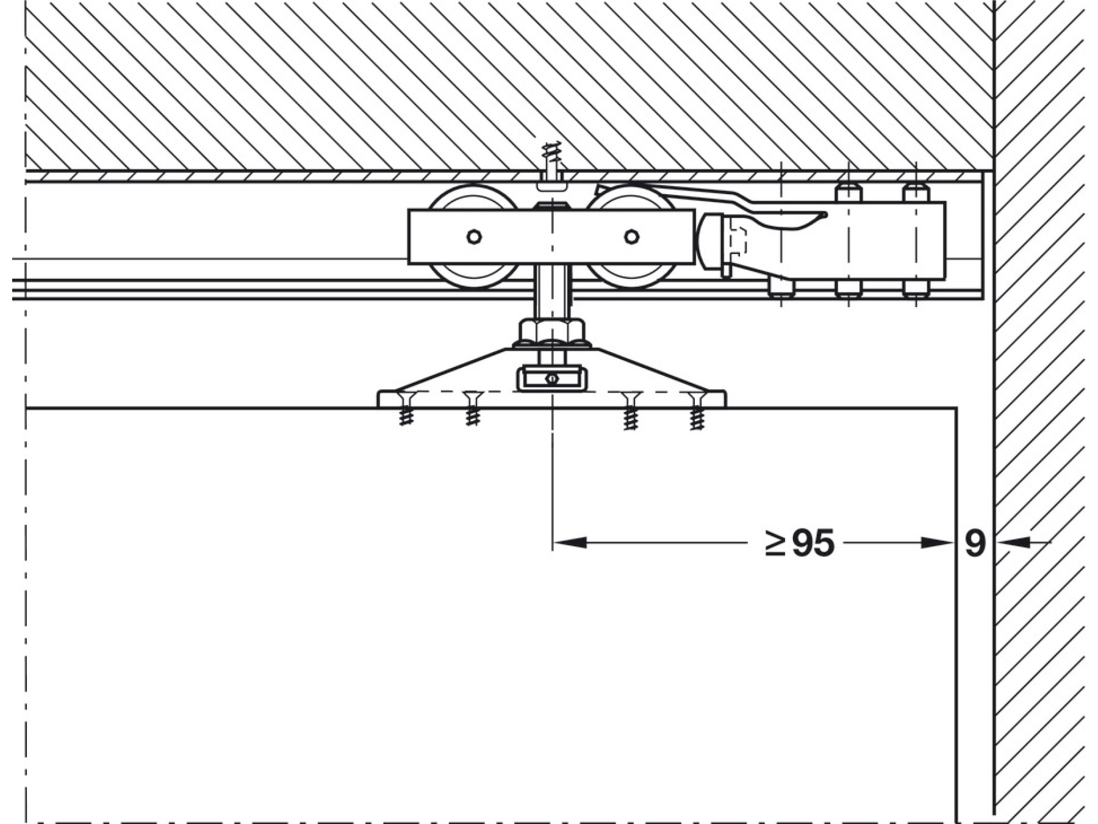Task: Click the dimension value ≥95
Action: (799, 543)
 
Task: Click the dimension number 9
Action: (975, 543)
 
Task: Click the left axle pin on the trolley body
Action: (474, 236)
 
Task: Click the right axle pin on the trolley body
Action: (632, 236)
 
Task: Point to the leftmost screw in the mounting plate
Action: (406, 408)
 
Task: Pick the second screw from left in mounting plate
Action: (472, 408)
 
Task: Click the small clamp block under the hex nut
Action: (552, 378)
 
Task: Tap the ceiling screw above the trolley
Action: (551, 162)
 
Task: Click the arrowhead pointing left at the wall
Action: (1013, 542)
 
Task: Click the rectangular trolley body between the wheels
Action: (551, 236)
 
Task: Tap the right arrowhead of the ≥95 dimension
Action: (937, 542)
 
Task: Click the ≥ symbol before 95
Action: (775, 543)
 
